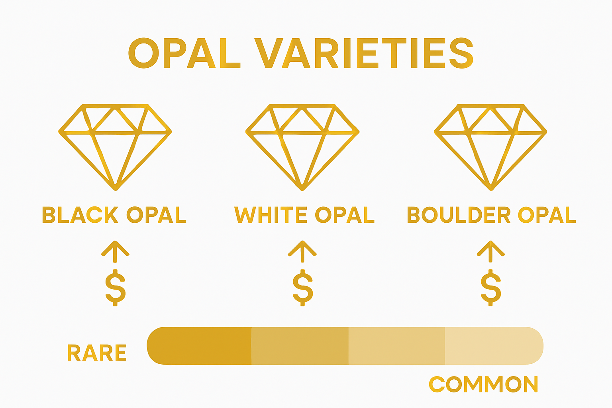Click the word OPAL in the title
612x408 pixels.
[x=184, y=53]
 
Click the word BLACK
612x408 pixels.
[x=80, y=215]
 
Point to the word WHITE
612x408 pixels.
[x=271, y=215]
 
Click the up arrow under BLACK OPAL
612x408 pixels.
[x=115, y=251]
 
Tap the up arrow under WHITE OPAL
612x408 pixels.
[x=302, y=251]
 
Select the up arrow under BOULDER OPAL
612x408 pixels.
[x=491, y=251]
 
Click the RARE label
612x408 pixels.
[x=97, y=353]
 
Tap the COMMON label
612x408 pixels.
[x=483, y=384]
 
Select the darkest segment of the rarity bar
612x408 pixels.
[x=199, y=346]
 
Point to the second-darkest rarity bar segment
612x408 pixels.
[x=300, y=346]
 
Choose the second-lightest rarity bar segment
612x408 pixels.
[x=396, y=346]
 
